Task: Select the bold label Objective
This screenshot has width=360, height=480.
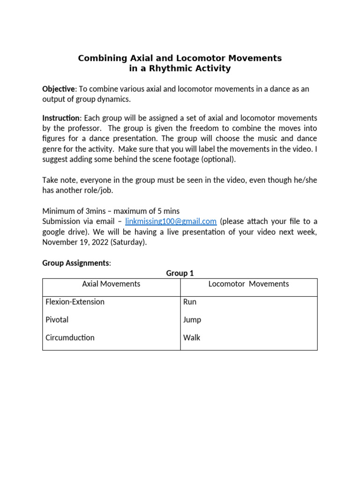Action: [58, 89]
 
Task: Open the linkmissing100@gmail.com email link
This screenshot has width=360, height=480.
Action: [171, 221]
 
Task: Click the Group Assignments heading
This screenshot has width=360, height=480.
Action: [76, 263]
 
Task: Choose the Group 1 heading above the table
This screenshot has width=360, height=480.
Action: [180, 273]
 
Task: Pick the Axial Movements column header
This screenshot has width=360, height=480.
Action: [111, 284]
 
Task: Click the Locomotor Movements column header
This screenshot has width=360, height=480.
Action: [248, 284]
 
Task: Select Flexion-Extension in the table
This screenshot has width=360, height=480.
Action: [75, 302]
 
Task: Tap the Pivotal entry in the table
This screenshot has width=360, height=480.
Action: [57, 320]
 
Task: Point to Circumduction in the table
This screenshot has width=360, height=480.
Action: [70, 337]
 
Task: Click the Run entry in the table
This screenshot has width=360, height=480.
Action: [190, 302]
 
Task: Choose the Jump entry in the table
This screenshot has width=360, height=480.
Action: [192, 320]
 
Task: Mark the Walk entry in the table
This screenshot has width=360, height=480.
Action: [192, 337]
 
